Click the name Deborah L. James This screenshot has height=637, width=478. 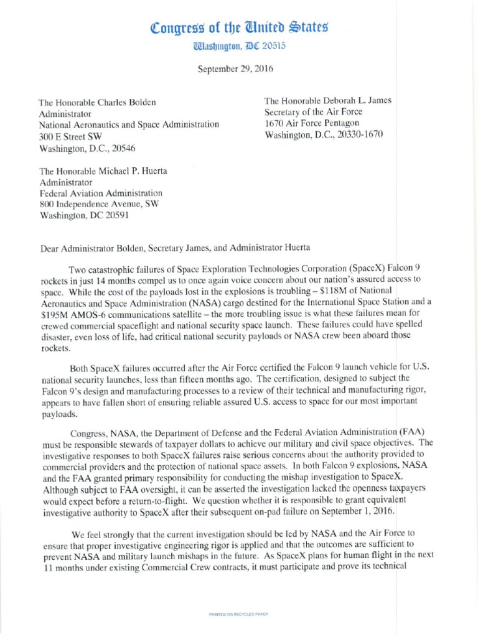coord(357,101)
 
